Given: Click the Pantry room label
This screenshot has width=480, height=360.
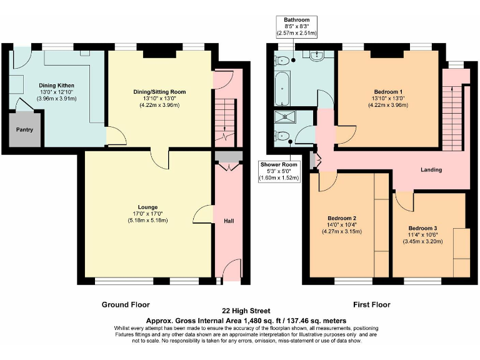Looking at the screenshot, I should [25, 130].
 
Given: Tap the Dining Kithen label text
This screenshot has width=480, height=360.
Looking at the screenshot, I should [57, 85].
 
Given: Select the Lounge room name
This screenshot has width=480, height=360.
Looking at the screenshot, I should [148, 207].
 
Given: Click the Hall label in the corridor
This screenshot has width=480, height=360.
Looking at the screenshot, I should [229, 220].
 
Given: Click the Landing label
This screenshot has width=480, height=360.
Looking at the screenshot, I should [431, 169].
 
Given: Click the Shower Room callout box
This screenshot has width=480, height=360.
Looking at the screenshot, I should [279, 171].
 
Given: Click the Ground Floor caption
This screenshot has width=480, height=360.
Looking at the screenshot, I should [126, 304].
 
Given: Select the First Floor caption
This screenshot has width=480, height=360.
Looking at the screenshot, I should [371, 304].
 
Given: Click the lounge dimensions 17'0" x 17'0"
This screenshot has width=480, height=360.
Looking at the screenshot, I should [148, 214].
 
